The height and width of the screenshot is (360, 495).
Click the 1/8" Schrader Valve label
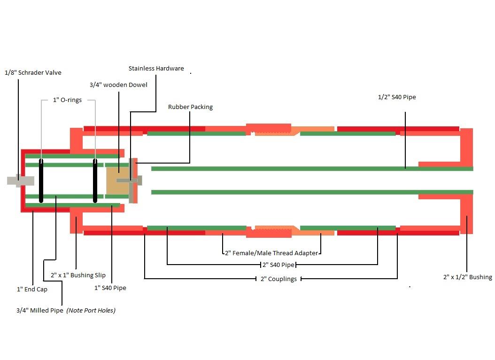pyautogui.click(x=33, y=73)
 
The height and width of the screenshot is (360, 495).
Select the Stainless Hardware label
pyautogui.click(x=156, y=69)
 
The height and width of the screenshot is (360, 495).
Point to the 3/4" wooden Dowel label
pyautogui.click(x=118, y=85)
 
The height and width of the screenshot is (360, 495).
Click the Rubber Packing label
pyautogui.click(x=190, y=107)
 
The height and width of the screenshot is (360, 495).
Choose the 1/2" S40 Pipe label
pyautogui.click(x=397, y=97)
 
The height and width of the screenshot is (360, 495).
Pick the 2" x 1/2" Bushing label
pyautogui.click(x=467, y=277)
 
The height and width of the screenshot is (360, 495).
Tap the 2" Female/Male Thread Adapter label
pyautogui.click(x=271, y=253)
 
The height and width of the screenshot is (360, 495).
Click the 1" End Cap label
pyautogui.click(x=32, y=290)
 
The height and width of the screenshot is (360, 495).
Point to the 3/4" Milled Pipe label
pyautogui.click(x=39, y=311)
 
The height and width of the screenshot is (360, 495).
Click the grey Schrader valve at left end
pyautogui.click(x=20, y=180)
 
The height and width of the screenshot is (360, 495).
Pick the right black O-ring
pyautogui.click(x=95, y=180)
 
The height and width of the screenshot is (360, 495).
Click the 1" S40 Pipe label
pyautogui.click(x=110, y=288)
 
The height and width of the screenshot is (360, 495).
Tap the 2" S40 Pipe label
pyautogui.click(x=278, y=265)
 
